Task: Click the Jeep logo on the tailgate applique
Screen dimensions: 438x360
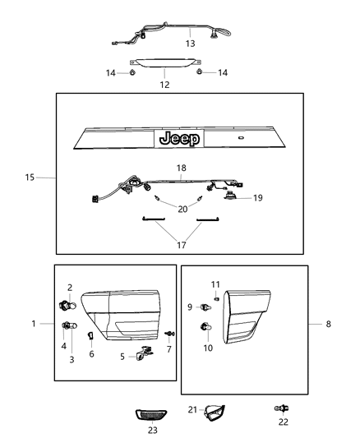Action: [x=178, y=139]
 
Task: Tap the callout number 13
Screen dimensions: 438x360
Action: [x=190, y=43]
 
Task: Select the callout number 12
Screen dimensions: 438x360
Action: [x=164, y=85]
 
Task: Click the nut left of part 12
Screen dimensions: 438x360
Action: [x=132, y=73]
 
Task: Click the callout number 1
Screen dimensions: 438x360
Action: [x=34, y=324]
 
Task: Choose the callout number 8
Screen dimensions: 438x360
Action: [x=329, y=324]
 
